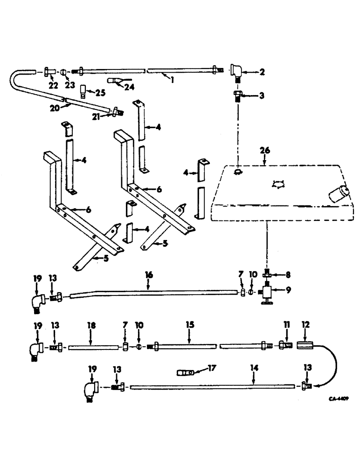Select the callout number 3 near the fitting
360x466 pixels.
point(261,96)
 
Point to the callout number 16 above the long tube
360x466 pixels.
point(148,276)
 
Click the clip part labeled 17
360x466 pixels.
point(186,373)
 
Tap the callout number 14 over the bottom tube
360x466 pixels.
point(254,368)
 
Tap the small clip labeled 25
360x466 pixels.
point(84,89)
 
